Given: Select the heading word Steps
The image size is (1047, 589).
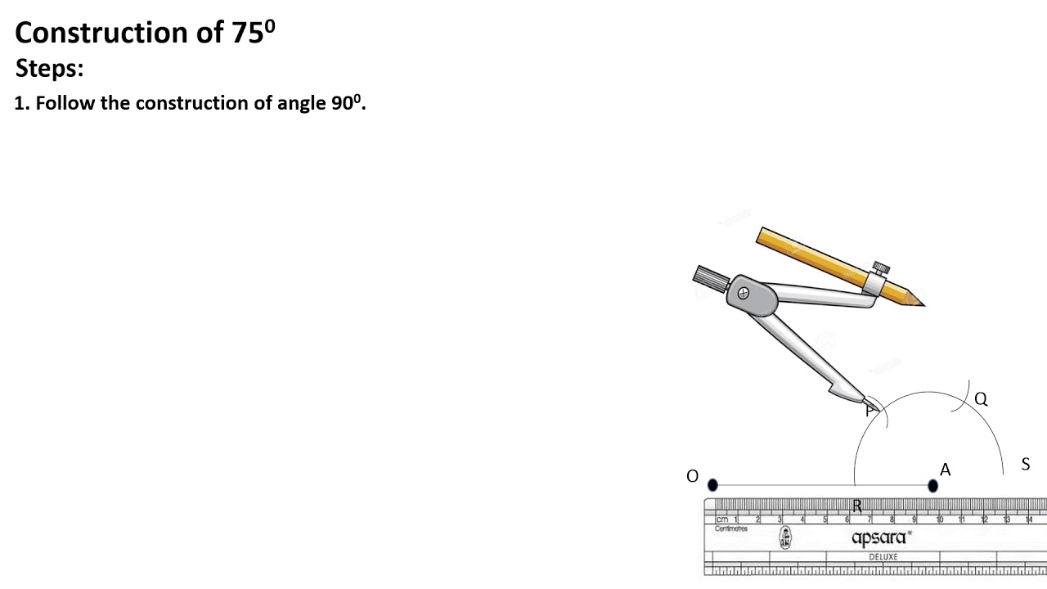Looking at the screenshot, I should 49,69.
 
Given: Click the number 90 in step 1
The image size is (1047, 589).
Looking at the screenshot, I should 341,104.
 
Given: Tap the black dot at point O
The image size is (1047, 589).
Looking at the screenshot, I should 712,485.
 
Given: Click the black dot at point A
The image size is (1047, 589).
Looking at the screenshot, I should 933,486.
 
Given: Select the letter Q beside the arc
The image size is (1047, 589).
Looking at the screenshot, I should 981,399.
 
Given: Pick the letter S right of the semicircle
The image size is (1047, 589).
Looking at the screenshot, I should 1025,465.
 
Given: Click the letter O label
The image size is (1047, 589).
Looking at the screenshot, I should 693,476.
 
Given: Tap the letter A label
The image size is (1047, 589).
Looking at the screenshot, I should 946,470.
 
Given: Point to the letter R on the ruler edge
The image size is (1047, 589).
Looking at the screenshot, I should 857,506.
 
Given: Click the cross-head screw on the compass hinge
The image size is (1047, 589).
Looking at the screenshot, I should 743,293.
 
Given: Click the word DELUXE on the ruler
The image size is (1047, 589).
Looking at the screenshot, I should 883,557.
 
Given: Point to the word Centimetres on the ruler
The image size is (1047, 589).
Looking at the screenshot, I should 731,529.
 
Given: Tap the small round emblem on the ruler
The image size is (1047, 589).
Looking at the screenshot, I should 785,537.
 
